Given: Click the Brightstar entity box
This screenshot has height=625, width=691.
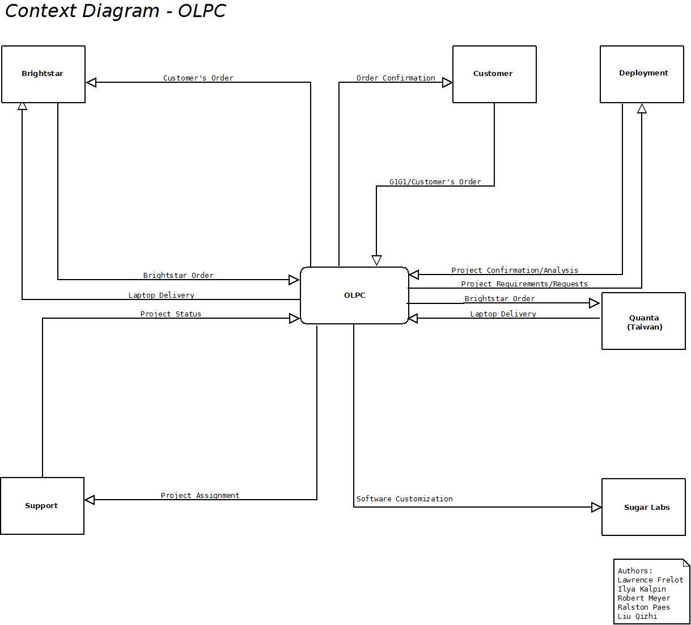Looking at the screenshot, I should point(43,74).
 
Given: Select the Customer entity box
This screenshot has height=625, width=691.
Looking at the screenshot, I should point(494,74).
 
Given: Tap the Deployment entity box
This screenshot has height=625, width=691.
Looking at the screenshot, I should point(642,74).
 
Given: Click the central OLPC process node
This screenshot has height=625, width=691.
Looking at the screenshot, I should point(354,295).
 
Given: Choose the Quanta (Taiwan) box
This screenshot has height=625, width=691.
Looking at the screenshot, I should point(643,321).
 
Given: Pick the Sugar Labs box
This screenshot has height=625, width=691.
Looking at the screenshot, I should point(643,507).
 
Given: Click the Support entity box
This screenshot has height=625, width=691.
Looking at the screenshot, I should point(42,506).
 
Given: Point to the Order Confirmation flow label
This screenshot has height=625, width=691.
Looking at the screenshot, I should point(396,78).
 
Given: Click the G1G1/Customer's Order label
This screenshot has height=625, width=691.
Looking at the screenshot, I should point(435,182).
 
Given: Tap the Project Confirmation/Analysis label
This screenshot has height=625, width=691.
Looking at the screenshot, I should point(515,271).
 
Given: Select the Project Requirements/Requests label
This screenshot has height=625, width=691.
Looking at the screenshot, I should point(524,284).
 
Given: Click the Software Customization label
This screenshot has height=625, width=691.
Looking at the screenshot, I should point(404,499).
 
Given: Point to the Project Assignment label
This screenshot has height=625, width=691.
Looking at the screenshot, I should point(200,496).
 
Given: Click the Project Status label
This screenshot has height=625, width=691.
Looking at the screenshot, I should point(171,314).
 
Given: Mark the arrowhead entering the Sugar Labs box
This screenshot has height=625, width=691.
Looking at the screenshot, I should point(596,507).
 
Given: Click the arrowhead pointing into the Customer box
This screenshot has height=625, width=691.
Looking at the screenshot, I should point(447,83).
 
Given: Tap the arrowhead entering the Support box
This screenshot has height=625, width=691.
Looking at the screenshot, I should point(90,500).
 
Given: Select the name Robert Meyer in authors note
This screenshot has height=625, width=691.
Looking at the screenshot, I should point(644,598).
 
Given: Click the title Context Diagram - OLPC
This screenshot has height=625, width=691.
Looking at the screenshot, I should point(115,11).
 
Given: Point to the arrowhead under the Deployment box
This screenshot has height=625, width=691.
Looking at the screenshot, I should point(642,108).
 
